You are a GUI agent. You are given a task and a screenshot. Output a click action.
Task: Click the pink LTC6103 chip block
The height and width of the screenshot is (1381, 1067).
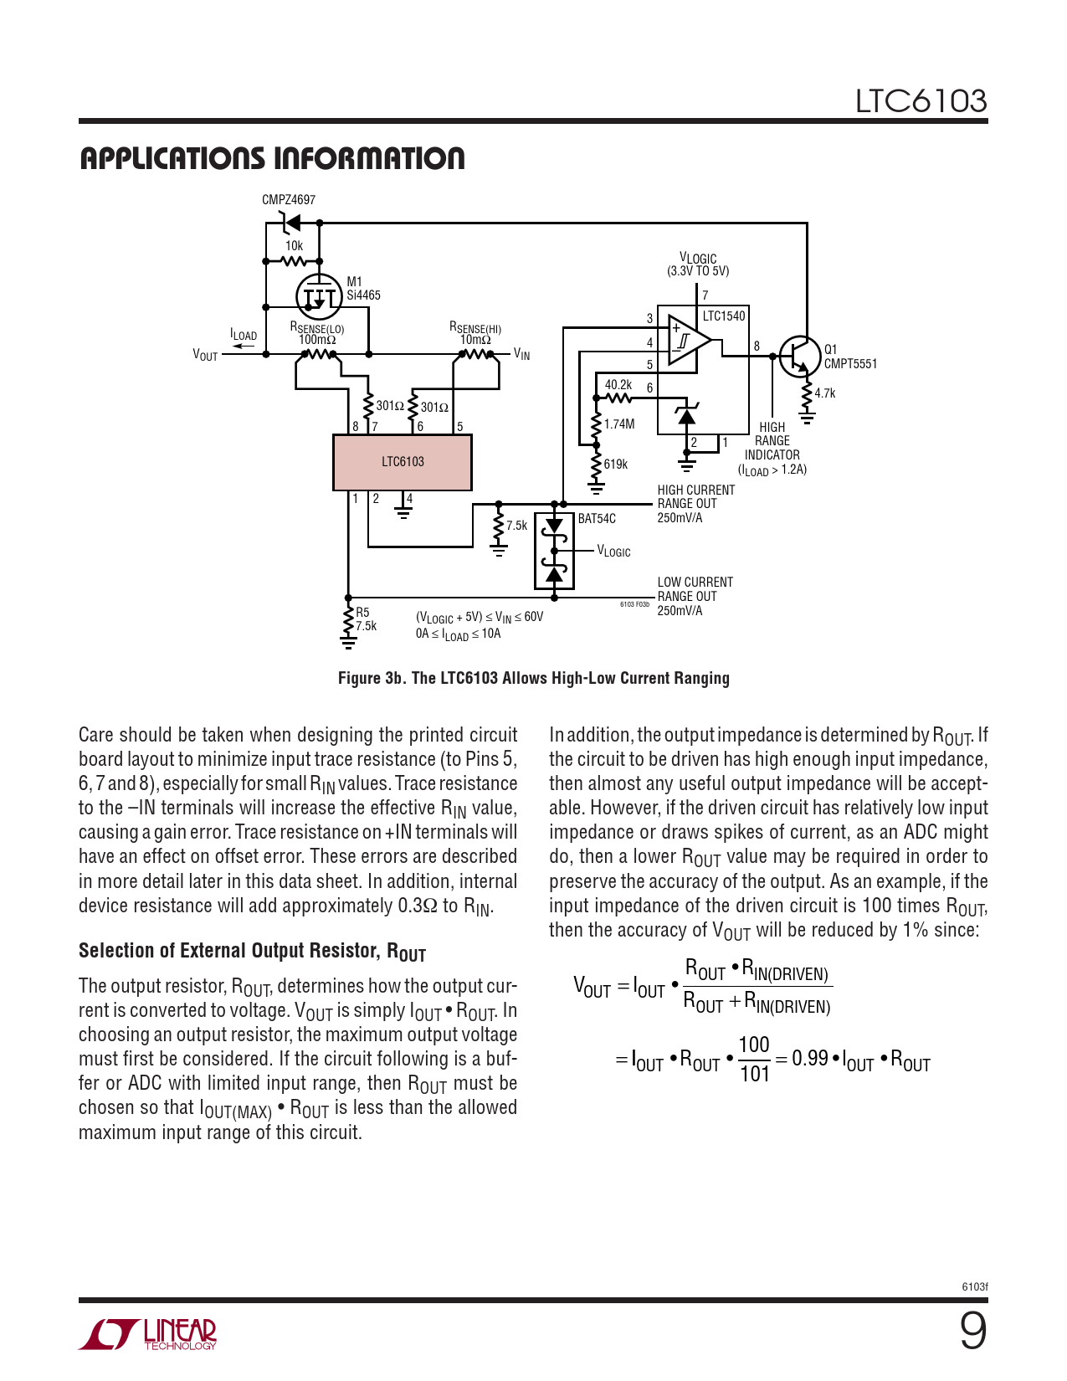403,462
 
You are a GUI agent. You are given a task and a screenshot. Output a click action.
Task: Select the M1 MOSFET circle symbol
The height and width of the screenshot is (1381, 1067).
320,295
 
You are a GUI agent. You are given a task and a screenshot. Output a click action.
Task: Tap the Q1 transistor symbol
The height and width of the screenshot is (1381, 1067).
800,357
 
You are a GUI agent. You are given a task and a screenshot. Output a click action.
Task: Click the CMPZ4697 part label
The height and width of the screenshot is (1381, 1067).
289,200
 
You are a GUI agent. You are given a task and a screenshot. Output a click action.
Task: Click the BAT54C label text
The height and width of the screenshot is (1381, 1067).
597,519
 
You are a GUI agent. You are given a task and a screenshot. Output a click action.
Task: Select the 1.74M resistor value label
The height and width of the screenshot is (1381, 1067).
619,424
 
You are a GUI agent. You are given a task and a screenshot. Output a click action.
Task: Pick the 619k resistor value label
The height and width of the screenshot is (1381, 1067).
615,465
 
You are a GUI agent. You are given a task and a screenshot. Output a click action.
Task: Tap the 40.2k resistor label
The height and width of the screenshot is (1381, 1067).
618,385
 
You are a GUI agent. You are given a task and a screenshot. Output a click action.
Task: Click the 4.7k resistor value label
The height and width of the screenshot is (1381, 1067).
825,393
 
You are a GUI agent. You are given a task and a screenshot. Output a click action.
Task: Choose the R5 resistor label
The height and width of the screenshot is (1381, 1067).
362,613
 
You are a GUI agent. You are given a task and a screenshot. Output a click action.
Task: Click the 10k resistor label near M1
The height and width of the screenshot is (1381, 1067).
294,246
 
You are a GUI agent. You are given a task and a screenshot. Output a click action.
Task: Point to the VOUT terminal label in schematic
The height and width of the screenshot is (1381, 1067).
205,356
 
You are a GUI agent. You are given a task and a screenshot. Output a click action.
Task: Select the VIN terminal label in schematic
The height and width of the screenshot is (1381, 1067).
521,355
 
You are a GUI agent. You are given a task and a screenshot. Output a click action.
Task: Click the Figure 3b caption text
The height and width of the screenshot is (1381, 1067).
533,678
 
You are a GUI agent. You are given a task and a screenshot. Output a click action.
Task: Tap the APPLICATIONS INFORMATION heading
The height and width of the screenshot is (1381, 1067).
272,159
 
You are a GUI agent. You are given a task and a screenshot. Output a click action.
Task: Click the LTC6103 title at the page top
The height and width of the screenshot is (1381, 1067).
921,101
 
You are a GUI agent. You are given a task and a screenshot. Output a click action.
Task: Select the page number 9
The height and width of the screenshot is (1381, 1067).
972,1331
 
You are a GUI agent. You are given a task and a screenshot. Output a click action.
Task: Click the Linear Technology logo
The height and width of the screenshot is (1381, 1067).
148,1334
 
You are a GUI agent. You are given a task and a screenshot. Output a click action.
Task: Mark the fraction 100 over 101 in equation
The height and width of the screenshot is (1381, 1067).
754,1059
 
